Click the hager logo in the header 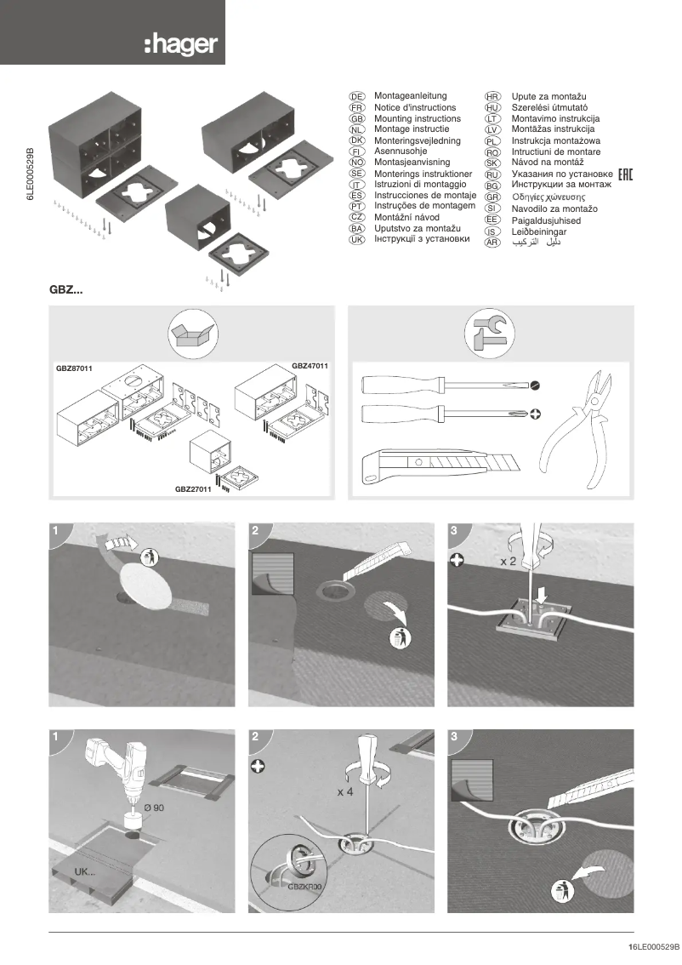180,44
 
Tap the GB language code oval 357,119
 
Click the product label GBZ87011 74,368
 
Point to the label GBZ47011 310,365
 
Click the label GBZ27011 193,489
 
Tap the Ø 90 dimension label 154,806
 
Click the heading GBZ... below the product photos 67,290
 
